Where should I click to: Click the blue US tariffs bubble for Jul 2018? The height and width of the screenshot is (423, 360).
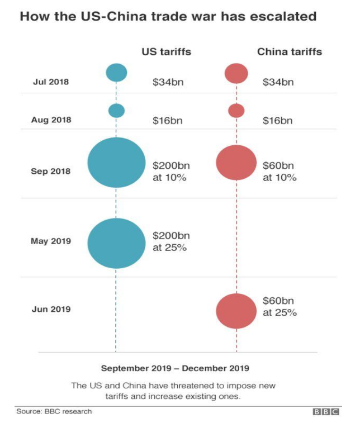pyautogui.click(x=116, y=72)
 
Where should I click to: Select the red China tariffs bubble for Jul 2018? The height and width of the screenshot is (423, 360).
pyautogui.click(x=236, y=73)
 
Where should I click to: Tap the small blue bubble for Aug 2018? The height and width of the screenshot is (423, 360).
pyautogui.click(x=116, y=111)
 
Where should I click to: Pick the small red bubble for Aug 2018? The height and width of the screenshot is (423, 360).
pyautogui.click(x=236, y=111)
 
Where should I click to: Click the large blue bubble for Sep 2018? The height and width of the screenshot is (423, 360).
pyautogui.click(x=116, y=162)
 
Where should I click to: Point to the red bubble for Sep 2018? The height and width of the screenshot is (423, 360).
pyautogui.click(x=236, y=163)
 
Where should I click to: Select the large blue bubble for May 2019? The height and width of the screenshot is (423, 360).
pyautogui.click(x=116, y=243)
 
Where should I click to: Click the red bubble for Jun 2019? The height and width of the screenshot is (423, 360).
pyautogui.click(x=236, y=311)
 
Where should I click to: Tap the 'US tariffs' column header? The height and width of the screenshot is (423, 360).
pyautogui.click(x=166, y=52)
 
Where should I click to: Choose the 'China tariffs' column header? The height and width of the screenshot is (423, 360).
pyautogui.click(x=289, y=52)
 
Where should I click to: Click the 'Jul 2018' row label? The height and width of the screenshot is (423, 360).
pyautogui.click(x=50, y=82)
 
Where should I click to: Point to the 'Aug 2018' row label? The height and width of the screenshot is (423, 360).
pyautogui.click(x=51, y=120)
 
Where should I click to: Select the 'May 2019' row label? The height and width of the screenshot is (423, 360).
pyautogui.click(x=50, y=241)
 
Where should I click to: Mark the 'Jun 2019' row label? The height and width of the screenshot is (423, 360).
pyautogui.click(x=51, y=309)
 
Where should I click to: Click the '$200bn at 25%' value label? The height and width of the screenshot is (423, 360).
pyautogui.click(x=170, y=241)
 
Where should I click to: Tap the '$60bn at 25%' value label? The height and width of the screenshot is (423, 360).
pyautogui.click(x=280, y=306)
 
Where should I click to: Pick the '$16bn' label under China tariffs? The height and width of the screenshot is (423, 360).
pyautogui.click(x=278, y=120)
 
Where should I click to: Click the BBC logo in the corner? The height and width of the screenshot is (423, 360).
pyautogui.click(x=325, y=412)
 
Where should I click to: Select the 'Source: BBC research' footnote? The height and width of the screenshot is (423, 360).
pyautogui.click(x=54, y=411)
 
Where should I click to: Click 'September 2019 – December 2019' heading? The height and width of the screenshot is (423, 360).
pyautogui.click(x=175, y=368)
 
